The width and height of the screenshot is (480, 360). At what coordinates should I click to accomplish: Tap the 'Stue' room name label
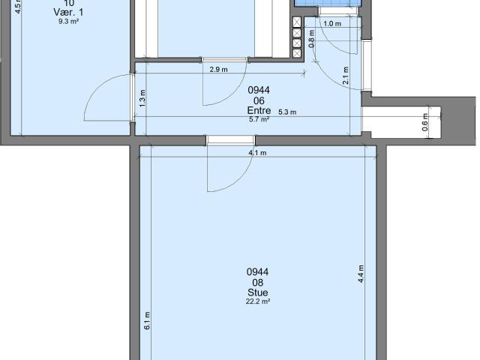point(257,292)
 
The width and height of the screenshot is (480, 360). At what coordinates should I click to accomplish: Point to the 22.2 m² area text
point(257,301)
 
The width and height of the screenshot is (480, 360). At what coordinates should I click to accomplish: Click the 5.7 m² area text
point(258,119)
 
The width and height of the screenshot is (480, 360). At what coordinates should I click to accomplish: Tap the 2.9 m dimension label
point(219,70)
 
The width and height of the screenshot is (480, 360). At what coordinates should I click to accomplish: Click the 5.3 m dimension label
point(287,112)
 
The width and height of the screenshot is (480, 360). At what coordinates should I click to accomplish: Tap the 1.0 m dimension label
point(331,24)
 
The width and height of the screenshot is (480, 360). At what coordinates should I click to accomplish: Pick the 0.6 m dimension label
point(424,120)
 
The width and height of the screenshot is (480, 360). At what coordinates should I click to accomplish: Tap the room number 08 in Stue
point(257,282)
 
